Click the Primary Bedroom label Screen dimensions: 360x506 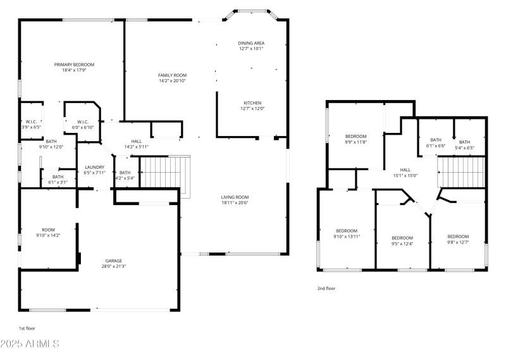coord(74,65)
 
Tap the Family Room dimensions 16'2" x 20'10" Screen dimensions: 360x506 coord(172,81)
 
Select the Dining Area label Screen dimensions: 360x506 coord(251,43)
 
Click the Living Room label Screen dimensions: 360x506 coord(235,197)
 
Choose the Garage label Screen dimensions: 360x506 coord(114,260)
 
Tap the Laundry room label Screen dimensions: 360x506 coord(95,168)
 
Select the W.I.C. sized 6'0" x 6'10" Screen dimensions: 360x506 coord(82,125)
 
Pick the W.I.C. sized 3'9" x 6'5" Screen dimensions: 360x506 coord(32,125)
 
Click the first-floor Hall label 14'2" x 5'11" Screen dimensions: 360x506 coord(136,144)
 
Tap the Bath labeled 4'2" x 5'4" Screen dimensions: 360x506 coord(125,175)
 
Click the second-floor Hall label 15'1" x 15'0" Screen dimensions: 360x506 coord(405,173)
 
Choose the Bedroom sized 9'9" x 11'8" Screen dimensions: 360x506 coord(355,139)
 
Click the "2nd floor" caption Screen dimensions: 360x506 coord(326,288)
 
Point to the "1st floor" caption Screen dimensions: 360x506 coord(27,328)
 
